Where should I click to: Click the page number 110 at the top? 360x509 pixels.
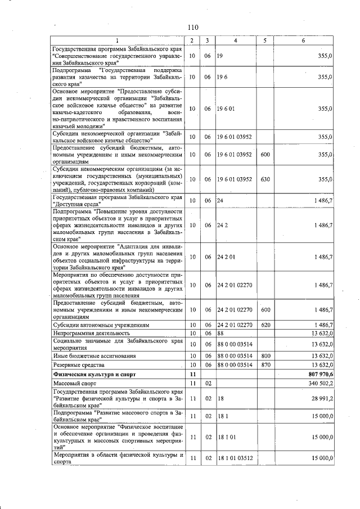(x=193, y=27)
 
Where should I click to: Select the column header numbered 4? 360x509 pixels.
(x=236, y=40)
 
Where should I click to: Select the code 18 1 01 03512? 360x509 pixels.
(x=235, y=458)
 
